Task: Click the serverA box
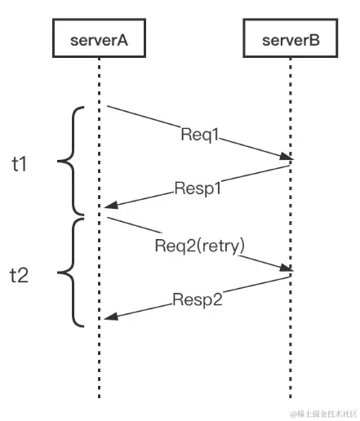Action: click(99, 39)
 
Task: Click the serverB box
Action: click(290, 39)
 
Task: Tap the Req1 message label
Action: click(198, 135)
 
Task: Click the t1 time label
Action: click(20, 163)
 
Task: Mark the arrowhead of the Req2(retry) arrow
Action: click(287, 269)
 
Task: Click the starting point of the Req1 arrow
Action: click(106, 106)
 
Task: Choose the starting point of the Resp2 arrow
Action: click(290, 276)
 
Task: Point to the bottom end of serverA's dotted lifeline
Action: click(99, 397)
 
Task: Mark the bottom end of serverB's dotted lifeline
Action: click(290, 397)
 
